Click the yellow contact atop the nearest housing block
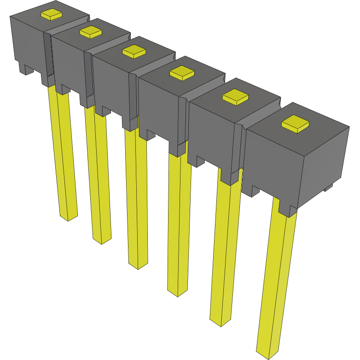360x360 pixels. pos(296,124)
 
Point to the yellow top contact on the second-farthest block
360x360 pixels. pos(91,32)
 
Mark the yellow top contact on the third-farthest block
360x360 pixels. pos(134,51)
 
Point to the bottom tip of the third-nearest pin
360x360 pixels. pos(178,292)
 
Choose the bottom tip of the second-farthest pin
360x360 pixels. pos(102,240)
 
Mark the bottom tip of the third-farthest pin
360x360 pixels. pos(138,265)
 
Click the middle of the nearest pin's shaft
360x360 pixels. pos(276,281)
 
